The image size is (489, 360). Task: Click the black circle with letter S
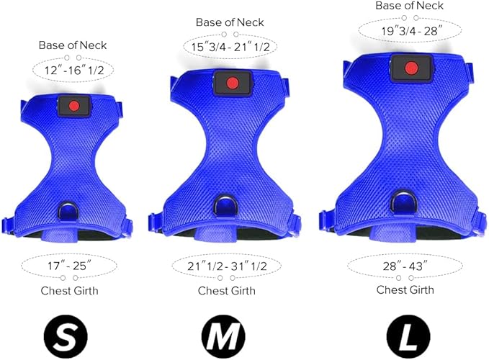point(66,337)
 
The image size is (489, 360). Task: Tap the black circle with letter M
point(223,337)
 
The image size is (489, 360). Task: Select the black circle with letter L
point(408,337)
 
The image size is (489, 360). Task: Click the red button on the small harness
point(74,106)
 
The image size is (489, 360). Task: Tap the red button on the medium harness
point(233,84)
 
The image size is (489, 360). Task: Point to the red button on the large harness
point(411,68)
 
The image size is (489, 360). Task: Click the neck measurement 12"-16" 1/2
point(74,70)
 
